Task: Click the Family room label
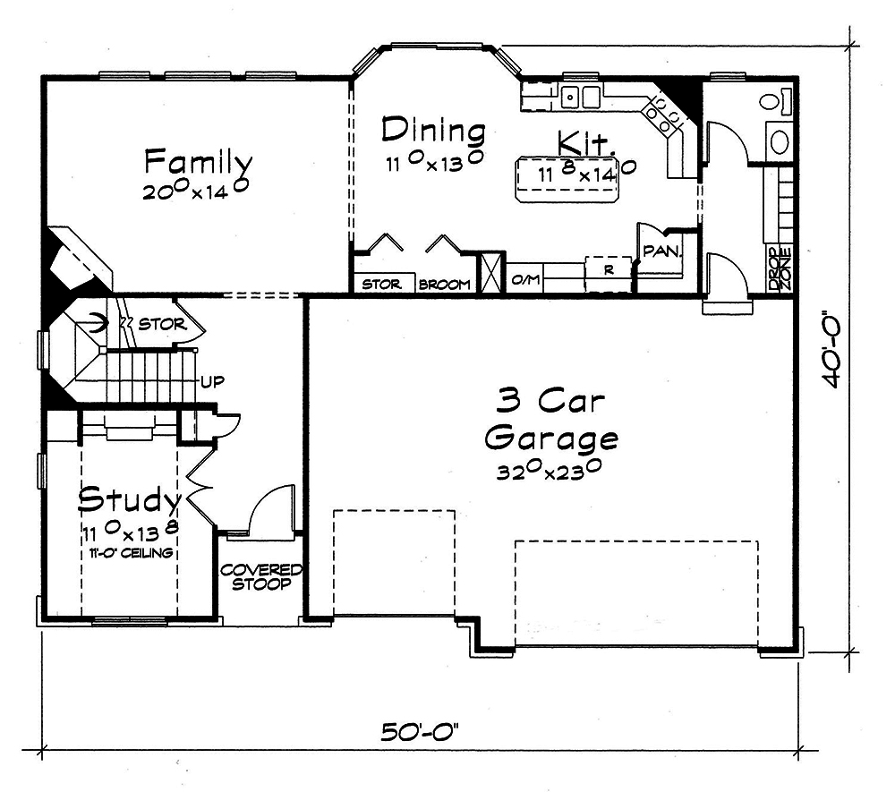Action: (199, 163)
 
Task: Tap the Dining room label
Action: (433, 131)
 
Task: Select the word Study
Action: (131, 498)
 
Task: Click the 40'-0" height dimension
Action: (834, 350)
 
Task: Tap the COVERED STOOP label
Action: (261, 577)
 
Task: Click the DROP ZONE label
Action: (779, 268)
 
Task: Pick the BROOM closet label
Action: (445, 285)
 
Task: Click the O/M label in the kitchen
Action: (524, 281)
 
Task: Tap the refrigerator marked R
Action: (608, 268)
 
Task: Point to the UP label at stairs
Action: (212, 381)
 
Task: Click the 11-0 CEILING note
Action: (131, 553)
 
